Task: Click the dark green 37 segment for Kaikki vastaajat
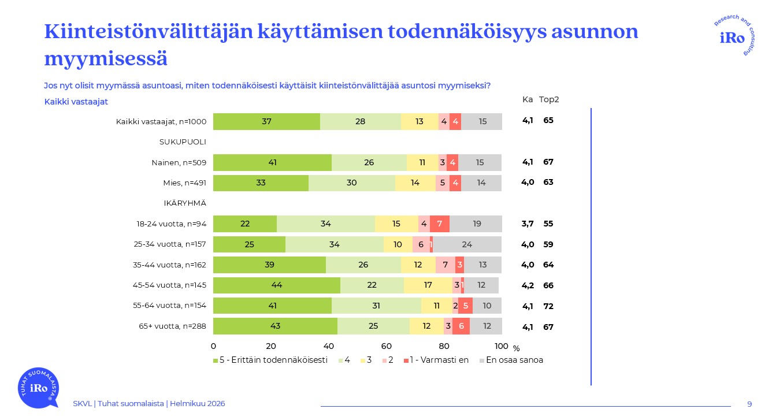pyautogui.click(x=266, y=121)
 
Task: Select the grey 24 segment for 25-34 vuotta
pyautogui.click(x=467, y=244)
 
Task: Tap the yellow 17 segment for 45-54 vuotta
pyautogui.click(x=428, y=285)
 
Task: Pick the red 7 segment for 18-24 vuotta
pyautogui.click(x=440, y=224)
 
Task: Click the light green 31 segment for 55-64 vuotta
pyautogui.click(x=376, y=306)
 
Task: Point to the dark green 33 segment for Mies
pyautogui.click(x=261, y=183)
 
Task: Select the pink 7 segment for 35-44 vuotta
pyautogui.click(x=445, y=265)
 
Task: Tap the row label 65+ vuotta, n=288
pyautogui.click(x=172, y=326)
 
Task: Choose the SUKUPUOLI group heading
pyautogui.click(x=183, y=142)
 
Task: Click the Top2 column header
pyautogui.click(x=549, y=99)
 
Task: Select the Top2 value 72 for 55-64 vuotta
pyautogui.click(x=548, y=306)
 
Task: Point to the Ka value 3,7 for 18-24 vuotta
pyautogui.click(x=528, y=224)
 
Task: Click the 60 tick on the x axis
pyautogui.click(x=387, y=346)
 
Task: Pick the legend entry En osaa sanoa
pyautogui.click(x=514, y=360)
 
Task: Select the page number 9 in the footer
pyautogui.click(x=749, y=404)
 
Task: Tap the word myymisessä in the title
pyautogui.click(x=106, y=60)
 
